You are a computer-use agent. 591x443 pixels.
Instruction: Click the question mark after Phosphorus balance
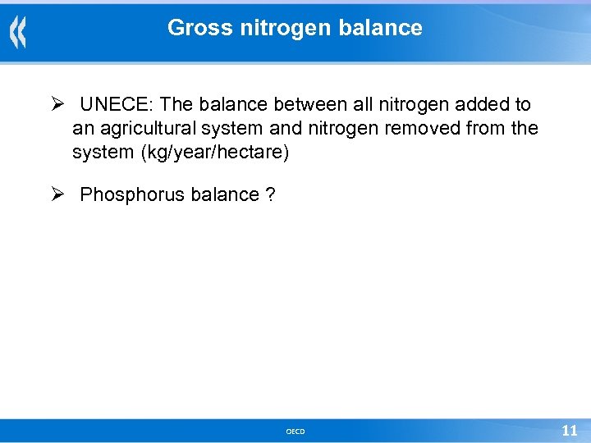[x=270, y=195]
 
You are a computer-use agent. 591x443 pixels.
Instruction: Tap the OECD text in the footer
[x=295, y=432]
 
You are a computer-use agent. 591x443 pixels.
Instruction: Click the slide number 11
[x=569, y=431]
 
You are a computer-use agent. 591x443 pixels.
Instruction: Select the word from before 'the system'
[x=492, y=129]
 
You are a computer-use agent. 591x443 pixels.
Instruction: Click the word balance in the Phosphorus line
[x=224, y=195]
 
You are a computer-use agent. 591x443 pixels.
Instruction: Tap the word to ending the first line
[x=521, y=105]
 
